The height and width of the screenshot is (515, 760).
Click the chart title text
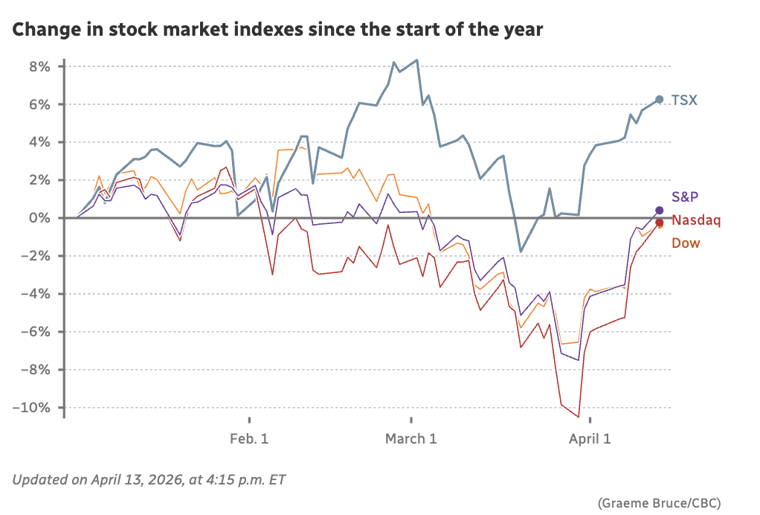coord(277,31)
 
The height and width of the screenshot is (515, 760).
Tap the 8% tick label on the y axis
coord(39,66)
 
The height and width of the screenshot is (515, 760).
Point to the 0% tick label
coord(39,218)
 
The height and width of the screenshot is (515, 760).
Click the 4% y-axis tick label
coord(39,142)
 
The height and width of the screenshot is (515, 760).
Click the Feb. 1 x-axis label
coord(249,439)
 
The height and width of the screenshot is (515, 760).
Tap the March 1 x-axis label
coord(410,439)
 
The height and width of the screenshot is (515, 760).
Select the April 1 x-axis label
coord(590,439)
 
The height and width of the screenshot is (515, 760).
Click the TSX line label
coord(684,100)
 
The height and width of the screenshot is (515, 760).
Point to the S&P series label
coord(686,196)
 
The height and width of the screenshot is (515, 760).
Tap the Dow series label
coord(686,243)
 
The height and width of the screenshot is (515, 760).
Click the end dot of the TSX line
coord(660,100)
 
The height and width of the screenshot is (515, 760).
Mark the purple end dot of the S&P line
coord(660,211)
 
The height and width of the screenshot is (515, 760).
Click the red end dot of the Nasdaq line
coord(660,222)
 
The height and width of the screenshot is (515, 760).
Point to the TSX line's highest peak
coord(416,60)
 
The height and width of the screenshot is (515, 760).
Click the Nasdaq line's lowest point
coord(579,417)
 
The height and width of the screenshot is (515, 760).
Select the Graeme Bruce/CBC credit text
coord(659,502)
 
